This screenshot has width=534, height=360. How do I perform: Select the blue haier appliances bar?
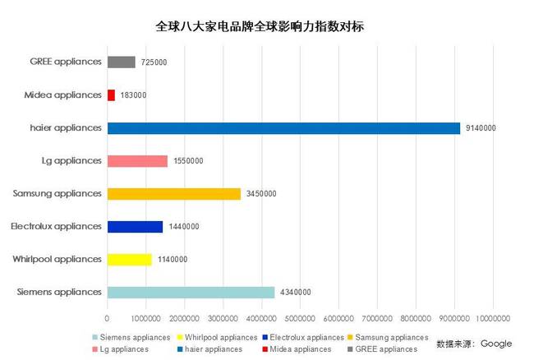pyautogui.click(x=283, y=128)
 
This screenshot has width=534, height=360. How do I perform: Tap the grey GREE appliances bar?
pyautogui.click(x=121, y=62)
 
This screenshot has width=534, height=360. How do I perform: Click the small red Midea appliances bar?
pyautogui.click(x=111, y=95)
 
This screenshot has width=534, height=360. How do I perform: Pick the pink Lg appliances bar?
pyautogui.click(x=137, y=161)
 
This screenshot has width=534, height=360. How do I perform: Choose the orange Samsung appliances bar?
pyautogui.click(x=174, y=194)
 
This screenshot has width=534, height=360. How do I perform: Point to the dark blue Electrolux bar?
pyautogui.click(x=135, y=226)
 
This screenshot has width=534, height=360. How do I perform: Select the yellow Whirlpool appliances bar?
pyautogui.click(x=129, y=259)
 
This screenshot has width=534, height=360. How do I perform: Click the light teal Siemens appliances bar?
pyautogui.click(x=191, y=292)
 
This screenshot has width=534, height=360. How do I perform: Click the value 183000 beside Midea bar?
pyautogui.click(x=133, y=95)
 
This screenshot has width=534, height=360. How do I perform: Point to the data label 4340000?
pyautogui.click(x=295, y=292)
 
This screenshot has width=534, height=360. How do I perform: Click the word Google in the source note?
pyautogui.click(x=496, y=343)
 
